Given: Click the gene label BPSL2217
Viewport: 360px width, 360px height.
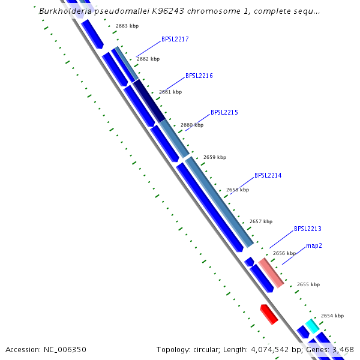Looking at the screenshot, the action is pos(175,40).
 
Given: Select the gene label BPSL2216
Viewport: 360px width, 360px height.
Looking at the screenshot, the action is pos(199,76).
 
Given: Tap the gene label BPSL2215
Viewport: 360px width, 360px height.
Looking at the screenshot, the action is pos(224,113).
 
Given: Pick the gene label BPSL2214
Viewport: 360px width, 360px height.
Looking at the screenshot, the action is pos(268,176).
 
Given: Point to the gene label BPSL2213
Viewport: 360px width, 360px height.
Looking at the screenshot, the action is pos(307,229).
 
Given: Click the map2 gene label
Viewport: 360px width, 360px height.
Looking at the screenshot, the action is pos(314,246).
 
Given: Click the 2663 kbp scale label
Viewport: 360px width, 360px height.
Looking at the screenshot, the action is pos(127,26).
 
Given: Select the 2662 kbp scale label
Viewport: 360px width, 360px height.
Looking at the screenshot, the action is pos(148,59).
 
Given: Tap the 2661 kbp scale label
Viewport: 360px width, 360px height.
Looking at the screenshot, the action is pos(170,92).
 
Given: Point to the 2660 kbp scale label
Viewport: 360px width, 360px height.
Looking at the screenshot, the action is pos(192,125).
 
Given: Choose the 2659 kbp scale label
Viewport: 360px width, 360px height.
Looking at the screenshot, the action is pos(215,157).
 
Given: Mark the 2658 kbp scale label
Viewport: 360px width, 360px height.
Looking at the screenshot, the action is pos(237,190).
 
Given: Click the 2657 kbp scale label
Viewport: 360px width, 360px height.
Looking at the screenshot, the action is pos(260,221).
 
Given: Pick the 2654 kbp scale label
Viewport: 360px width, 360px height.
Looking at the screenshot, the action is pos(332,316).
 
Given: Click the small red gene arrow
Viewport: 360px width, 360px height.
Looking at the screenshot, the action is pos(269,314).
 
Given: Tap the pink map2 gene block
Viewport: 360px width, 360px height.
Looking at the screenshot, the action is pos(271,273).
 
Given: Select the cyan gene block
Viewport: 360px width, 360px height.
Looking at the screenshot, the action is pos(312,326).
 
